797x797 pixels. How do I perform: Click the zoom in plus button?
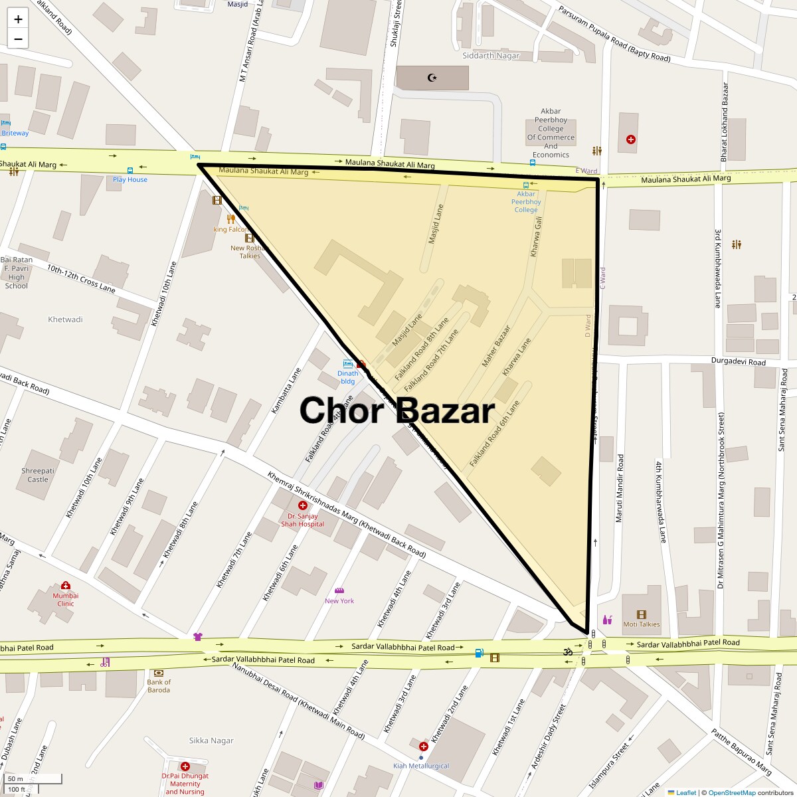[x=18, y=19]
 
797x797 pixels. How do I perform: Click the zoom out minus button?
[x=18, y=39]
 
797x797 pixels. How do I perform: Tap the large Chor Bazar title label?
[x=397, y=410]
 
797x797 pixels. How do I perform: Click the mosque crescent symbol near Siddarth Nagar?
[x=432, y=78]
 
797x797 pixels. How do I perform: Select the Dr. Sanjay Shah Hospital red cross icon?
[x=302, y=505]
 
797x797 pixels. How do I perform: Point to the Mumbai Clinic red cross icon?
[x=65, y=585]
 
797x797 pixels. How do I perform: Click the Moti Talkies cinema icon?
[x=641, y=614]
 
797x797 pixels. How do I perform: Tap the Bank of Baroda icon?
[x=159, y=673]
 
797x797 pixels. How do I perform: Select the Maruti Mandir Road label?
[x=620, y=488]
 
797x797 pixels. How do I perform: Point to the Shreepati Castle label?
[x=38, y=475]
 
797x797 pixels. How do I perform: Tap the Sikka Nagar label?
[x=211, y=741]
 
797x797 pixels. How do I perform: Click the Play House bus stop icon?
[x=130, y=170]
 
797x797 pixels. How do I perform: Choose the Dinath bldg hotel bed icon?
[x=348, y=364]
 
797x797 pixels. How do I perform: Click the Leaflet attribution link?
[x=685, y=792]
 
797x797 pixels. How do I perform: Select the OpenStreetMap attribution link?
[x=731, y=792]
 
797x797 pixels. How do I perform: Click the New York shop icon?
[x=339, y=590]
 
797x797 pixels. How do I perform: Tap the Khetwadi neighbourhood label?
[x=65, y=319]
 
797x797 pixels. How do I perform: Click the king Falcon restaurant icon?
[x=230, y=219]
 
